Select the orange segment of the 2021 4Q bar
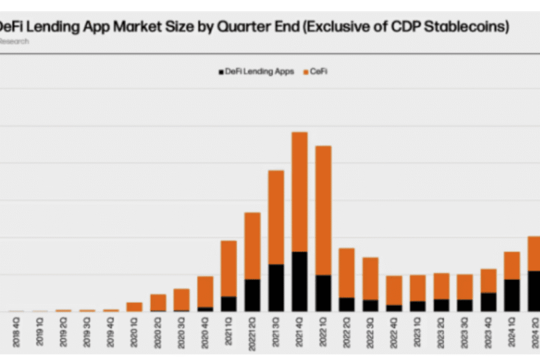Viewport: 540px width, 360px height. (299, 191)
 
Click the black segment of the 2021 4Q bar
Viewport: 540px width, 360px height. (299, 281)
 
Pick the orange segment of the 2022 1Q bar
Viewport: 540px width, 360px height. (323, 210)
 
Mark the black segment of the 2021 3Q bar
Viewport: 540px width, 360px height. (276, 287)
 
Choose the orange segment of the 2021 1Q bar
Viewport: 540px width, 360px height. (229, 268)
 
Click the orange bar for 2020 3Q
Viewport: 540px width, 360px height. (181, 299)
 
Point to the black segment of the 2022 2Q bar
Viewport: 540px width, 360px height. (346, 304)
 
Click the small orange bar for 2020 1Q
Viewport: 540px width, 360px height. (134, 307)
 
